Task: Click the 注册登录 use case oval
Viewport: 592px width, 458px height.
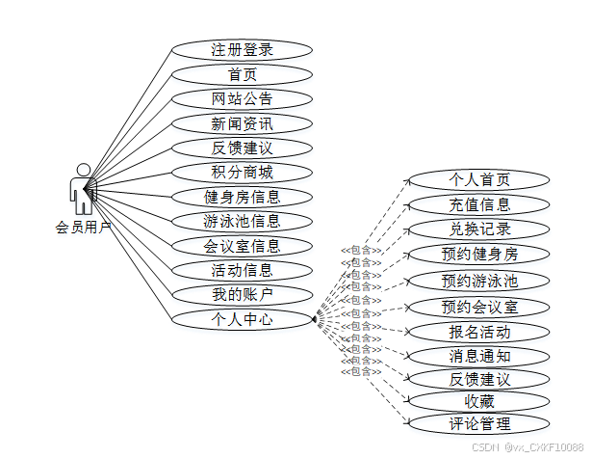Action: pos(242,49)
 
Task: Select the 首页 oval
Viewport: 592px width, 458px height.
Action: pos(242,74)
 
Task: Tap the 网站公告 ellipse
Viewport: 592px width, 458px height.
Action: pos(242,98)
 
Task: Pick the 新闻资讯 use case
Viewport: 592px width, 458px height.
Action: pos(242,123)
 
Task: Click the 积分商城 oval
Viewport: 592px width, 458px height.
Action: pos(242,173)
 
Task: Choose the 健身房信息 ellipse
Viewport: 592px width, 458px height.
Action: pos(242,197)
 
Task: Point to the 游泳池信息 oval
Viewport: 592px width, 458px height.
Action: pos(242,221)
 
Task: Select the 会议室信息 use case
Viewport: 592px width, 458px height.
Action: pos(242,246)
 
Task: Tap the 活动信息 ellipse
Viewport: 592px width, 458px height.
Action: pos(242,270)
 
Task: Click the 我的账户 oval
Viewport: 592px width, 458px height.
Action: pos(242,294)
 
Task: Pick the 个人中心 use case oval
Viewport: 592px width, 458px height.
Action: pos(242,318)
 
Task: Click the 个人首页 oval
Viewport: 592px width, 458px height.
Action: pos(479,179)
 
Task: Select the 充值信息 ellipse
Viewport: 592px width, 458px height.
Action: pos(479,204)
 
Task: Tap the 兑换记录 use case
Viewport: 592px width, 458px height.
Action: pos(479,229)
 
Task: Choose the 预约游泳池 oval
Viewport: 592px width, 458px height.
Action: pos(479,281)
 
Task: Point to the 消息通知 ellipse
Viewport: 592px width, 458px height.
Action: pos(479,356)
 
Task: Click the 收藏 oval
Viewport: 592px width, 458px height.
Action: pos(479,400)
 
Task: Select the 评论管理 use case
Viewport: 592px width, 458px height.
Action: pos(479,423)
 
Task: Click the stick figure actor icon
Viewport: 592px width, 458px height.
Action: pos(82,189)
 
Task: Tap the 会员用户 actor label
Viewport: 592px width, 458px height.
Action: pos(84,228)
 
